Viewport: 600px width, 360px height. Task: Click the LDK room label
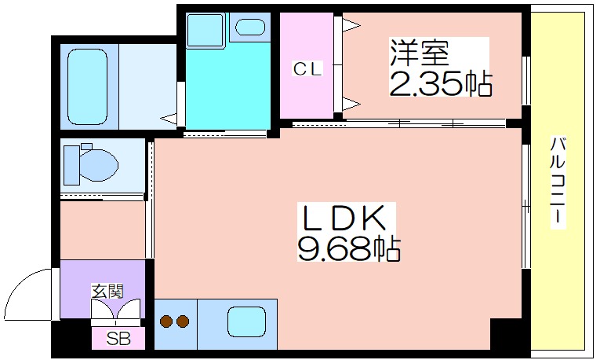click(x=344, y=219)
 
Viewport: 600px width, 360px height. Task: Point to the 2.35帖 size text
click(x=440, y=83)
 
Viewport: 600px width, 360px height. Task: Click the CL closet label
click(x=307, y=68)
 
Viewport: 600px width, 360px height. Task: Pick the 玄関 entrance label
click(x=107, y=292)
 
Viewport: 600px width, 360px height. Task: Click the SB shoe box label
click(x=118, y=338)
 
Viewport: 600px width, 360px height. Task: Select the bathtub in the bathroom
click(x=87, y=87)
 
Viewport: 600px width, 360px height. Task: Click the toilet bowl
click(x=99, y=165)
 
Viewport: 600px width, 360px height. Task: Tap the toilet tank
click(x=71, y=165)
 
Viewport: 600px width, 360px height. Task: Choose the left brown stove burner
click(x=166, y=321)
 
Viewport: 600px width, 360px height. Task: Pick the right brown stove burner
click(x=183, y=321)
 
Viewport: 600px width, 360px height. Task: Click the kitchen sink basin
click(x=247, y=322)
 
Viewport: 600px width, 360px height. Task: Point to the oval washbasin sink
click(x=250, y=28)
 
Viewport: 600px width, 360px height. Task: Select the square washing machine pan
click(x=205, y=30)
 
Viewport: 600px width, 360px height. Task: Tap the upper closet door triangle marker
click(x=351, y=26)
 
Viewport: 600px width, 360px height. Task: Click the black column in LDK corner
click(x=506, y=333)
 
